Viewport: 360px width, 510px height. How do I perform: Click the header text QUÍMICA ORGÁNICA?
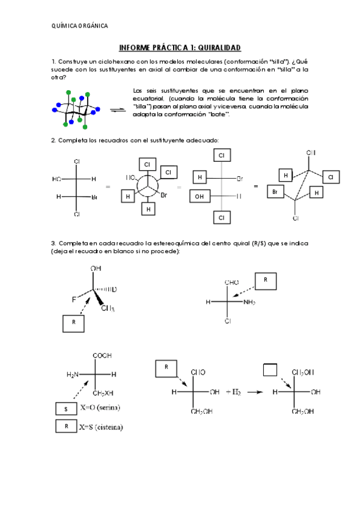pyautogui.click(x=80, y=26)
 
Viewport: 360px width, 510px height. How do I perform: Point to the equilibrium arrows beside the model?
pyautogui.click(x=117, y=110)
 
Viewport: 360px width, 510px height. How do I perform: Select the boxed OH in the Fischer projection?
pyautogui.click(x=199, y=196)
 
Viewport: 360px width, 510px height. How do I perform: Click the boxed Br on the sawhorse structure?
pyautogui.click(x=275, y=192)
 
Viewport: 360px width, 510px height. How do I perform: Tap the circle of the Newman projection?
pyautogui.click(x=147, y=186)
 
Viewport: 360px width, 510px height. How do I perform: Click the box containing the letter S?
pyautogui.click(x=66, y=408)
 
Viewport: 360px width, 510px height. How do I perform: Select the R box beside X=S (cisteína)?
pyautogui.click(x=66, y=427)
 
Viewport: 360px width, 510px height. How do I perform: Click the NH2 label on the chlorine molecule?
pyautogui.click(x=249, y=302)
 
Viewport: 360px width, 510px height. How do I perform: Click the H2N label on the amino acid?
pyautogui.click(x=73, y=374)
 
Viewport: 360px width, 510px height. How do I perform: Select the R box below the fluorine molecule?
pyautogui.click(x=73, y=322)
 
